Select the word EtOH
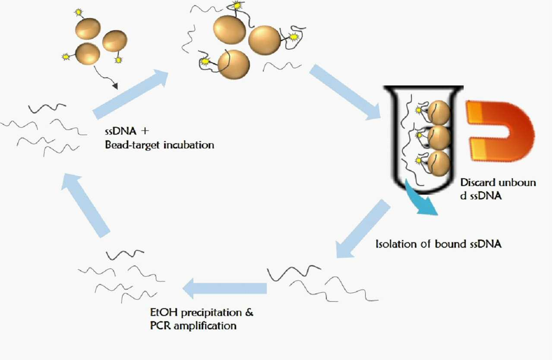click(164, 313)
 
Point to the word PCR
click(160, 325)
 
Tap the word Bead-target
click(133, 145)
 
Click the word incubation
click(189, 145)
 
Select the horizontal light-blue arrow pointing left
click(224, 288)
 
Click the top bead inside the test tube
click(439, 112)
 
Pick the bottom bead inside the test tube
click(439, 164)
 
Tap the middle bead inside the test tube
click(439, 138)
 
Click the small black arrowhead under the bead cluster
click(115, 86)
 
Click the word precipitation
click(212, 313)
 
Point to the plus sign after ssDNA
click(145, 131)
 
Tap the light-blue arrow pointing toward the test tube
click(345, 92)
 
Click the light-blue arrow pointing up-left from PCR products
click(85, 205)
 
